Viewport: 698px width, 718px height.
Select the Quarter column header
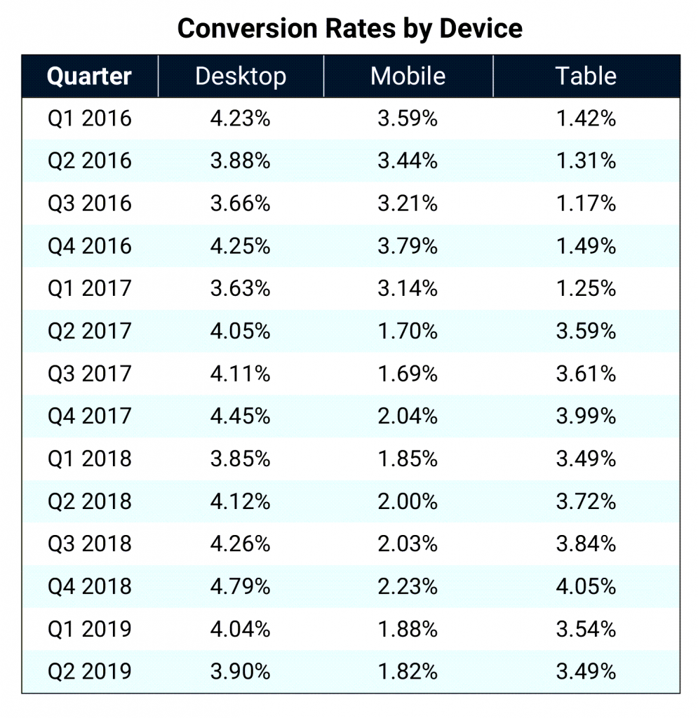click(89, 76)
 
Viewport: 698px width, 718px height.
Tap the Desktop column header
click(241, 76)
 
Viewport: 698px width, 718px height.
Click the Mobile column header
click(408, 76)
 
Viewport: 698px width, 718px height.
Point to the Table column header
click(586, 76)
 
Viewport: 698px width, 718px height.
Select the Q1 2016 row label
click(89, 118)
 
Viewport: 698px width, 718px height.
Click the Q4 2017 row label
click(89, 416)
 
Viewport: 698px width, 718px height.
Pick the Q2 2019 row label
click(89, 671)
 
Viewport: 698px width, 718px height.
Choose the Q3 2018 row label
click(89, 543)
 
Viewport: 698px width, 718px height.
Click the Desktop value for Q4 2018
click(241, 586)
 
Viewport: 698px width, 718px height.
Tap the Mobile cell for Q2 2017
click(408, 331)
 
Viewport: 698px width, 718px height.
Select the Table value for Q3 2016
click(586, 203)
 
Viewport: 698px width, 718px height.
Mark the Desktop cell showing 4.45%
click(241, 416)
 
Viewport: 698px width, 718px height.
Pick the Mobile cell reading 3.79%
click(408, 246)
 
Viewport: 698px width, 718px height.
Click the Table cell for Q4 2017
click(586, 416)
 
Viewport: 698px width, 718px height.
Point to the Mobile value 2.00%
click(408, 501)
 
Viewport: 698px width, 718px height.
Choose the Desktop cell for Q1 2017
click(241, 288)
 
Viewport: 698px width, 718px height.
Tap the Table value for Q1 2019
click(586, 629)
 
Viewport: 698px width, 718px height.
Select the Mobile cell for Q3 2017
click(408, 374)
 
